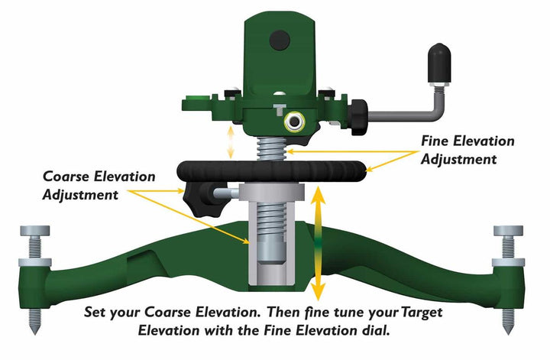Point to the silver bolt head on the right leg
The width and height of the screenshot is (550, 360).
508,231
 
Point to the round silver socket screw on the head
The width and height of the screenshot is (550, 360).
293,122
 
